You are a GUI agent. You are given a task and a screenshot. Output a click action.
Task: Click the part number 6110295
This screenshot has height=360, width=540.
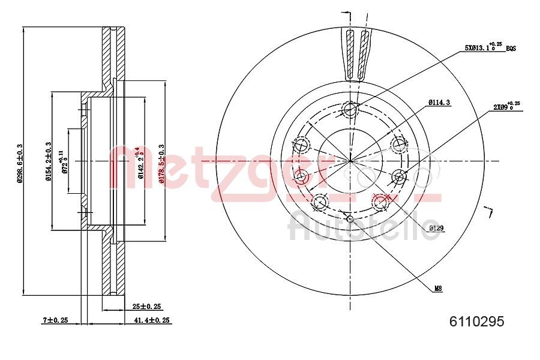tap(476, 322)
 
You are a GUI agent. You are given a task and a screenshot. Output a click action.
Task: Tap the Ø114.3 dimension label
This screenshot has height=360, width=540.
tap(439, 103)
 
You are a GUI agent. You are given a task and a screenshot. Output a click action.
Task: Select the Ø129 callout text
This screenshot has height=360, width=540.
tap(436, 228)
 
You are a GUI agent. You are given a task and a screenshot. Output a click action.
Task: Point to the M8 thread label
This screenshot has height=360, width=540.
tap(439, 289)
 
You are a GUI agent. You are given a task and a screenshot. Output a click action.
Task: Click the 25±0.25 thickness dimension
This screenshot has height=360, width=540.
tap(146, 307)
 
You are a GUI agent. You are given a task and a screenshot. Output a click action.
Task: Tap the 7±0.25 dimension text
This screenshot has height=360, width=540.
tap(55, 321)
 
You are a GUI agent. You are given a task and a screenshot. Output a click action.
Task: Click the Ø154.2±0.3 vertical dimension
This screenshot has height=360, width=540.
tap(49, 161)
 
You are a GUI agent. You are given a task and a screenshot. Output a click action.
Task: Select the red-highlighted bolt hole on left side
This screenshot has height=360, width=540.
tap(301, 176)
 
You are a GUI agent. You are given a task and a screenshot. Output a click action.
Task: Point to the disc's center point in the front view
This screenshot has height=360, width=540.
tap(350, 161)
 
